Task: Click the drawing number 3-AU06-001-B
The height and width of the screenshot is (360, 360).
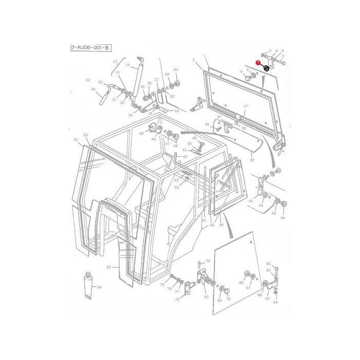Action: pos(90,48)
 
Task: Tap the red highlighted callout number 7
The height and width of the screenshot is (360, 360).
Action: pos(258,62)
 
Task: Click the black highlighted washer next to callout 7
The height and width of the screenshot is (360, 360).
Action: pos(266,68)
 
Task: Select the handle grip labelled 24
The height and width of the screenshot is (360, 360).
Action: pos(101,96)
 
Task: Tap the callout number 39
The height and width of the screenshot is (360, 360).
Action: pos(252,160)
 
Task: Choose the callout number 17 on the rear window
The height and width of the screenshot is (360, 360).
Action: pos(245,106)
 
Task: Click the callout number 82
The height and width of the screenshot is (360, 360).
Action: pos(109,267)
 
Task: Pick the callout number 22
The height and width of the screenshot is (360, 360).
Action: pos(88,80)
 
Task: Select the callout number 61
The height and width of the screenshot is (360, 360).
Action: pos(204,220)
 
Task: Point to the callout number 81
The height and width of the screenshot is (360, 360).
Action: pos(76,140)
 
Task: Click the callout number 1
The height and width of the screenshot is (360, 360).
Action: pos(205,57)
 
